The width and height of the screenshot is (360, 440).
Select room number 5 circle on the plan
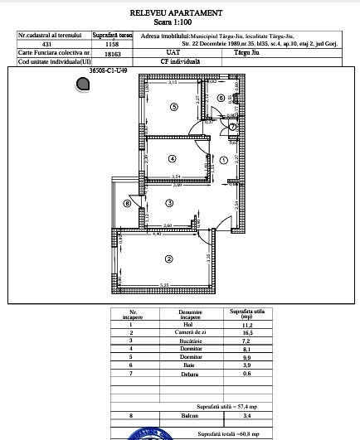(173, 106)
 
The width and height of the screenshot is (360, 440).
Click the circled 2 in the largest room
(168, 259)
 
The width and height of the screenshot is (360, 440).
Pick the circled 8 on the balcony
(128, 202)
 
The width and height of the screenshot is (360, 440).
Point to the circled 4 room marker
(173, 158)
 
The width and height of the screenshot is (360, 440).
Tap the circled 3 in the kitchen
(169, 202)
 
